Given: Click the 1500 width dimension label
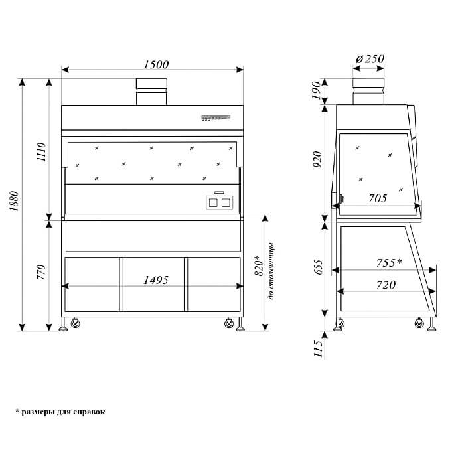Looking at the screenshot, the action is [156, 64].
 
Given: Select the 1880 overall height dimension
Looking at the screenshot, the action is [14, 201].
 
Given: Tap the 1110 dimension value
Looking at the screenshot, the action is [41, 152].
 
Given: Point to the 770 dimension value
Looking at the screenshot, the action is [41, 272].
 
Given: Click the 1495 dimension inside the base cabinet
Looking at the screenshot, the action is [156, 280].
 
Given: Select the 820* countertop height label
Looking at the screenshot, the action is [259, 265].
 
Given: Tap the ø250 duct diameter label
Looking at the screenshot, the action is [370, 59].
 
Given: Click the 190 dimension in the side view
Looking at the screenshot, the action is [317, 90].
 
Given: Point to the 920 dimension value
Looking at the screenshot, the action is [317, 159].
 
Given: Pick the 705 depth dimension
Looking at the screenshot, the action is [378, 198].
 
